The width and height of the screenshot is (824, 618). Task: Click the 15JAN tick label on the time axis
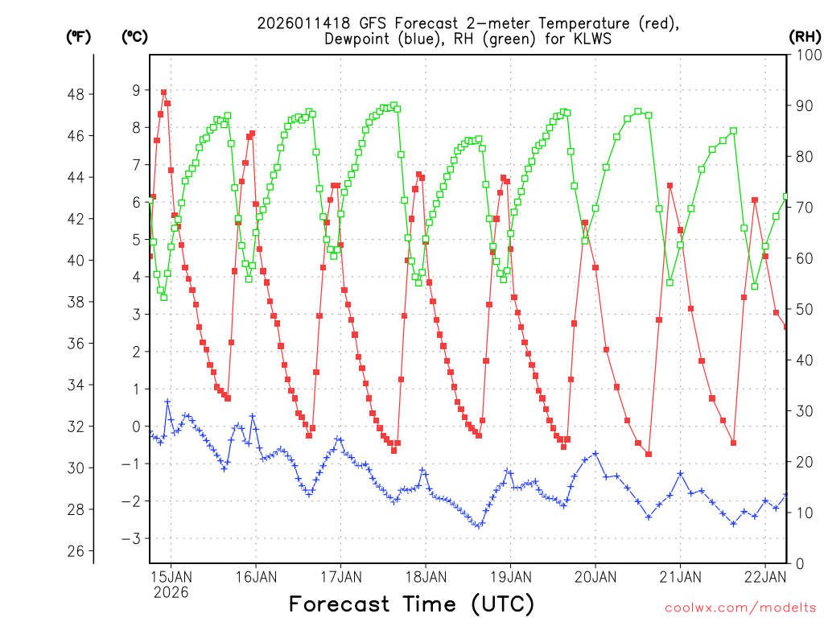[171, 576]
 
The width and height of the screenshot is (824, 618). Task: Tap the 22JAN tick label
[764, 576]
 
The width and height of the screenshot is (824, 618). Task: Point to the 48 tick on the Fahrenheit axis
[77, 94]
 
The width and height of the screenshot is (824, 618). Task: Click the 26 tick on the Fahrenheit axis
[77, 551]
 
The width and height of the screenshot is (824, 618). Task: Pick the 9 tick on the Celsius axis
[137, 90]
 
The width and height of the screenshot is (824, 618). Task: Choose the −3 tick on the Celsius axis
[134, 538]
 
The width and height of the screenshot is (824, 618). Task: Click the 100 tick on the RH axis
[807, 56]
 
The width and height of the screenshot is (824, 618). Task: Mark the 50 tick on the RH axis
[804, 310]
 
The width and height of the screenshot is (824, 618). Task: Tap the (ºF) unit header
[78, 36]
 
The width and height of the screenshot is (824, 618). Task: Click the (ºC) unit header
[134, 36]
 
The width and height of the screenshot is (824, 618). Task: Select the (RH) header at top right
[804, 36]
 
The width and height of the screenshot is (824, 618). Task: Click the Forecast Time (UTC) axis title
[411, 604]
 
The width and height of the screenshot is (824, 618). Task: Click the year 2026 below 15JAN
[171, 592]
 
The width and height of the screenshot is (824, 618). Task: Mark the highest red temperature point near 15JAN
[163, 93]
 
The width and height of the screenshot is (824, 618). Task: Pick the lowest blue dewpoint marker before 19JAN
[479, 526]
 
